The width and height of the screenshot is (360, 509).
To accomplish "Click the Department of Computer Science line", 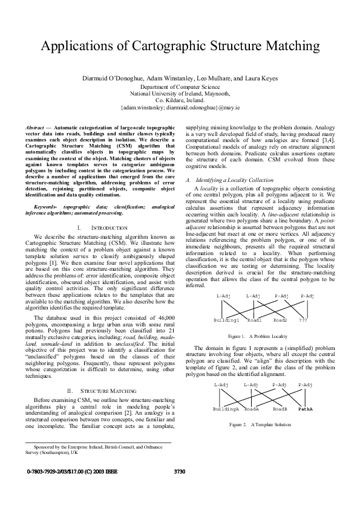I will click(x=180, y=88).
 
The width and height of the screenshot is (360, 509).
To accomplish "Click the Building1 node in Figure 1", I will click(x=227, y=319).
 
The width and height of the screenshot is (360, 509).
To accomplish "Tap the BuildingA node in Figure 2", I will click(x=226, y=409).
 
